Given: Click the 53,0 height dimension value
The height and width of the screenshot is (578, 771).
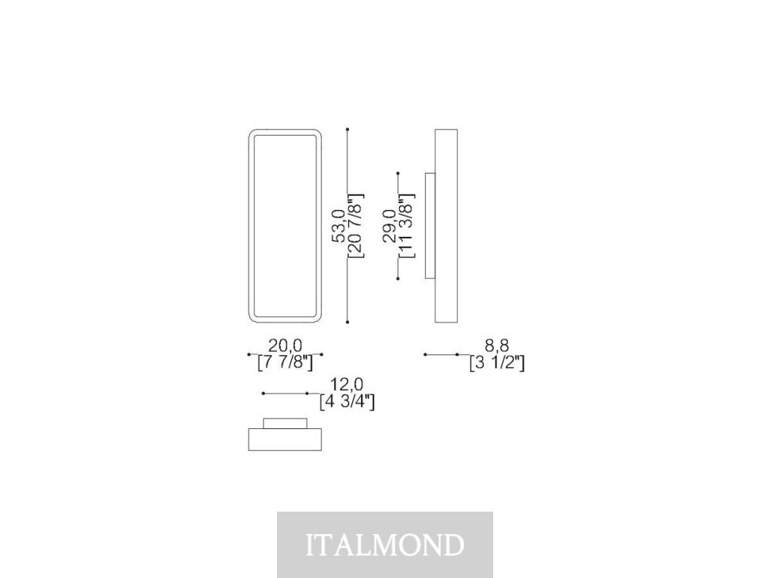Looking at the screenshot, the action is point(339,225).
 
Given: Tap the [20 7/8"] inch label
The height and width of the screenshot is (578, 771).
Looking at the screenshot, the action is point(356,225).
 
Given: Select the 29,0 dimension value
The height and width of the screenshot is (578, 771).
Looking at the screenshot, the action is point(390,225).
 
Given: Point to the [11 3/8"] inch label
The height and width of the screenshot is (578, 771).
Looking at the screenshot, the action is point(407,225).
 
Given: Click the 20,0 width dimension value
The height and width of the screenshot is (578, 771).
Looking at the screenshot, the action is point(286,346).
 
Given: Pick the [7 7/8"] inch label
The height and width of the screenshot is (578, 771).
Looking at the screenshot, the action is point(286,363).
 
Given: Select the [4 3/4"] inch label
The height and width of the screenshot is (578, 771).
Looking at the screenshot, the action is point(347,401).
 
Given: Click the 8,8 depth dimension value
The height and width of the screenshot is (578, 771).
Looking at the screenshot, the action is point(497,346).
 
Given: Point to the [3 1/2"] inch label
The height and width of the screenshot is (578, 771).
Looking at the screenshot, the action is point(497,363).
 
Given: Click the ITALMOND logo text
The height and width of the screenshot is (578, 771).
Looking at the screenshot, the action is point(385,545).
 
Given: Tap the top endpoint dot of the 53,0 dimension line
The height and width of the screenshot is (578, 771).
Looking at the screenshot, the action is point(347,130).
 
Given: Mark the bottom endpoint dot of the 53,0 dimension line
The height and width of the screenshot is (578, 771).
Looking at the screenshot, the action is point(347,322).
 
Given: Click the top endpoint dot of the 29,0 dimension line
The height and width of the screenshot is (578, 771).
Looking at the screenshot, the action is point(397,173).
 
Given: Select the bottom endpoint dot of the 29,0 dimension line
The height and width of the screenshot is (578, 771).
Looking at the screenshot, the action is point(397,279).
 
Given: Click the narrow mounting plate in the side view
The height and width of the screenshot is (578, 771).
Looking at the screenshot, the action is point(430,225).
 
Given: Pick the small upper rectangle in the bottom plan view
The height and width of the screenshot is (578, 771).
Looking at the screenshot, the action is point(286,424).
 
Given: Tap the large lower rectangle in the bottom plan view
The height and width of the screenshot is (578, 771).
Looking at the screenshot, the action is point(286,439).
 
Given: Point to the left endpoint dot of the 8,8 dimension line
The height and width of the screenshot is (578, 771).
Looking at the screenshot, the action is point(425,354).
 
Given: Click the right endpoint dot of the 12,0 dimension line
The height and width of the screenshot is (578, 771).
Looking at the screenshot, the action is point(307,394).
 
